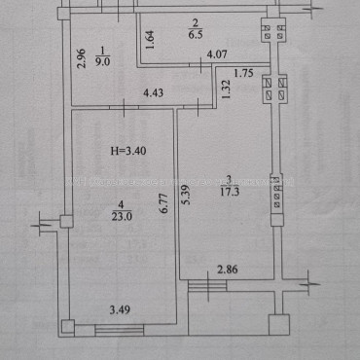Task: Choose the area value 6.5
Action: [194, 31]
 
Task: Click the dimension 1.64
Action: [149, 40]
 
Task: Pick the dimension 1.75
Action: [245, 74]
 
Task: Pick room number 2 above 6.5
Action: [194, 18]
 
